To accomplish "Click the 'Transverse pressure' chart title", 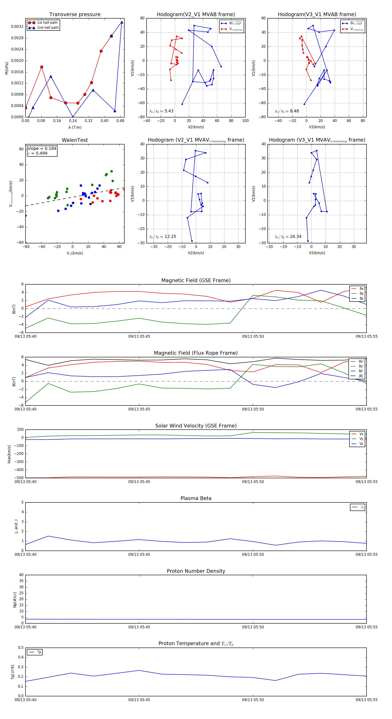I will click(75, 15).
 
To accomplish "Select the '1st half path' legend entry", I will click(47, 23).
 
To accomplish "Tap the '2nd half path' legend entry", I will click(48, 28).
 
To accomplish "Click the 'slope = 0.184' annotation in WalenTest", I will click(42, 149).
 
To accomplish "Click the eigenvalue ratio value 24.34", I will click(296, 236).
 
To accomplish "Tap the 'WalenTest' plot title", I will click(75, 140).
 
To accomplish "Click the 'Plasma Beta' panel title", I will click(196, 498).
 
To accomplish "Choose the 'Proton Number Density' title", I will click(196, 571).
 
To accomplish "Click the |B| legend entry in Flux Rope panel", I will click(361, 376).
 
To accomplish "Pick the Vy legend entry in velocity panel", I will click(361, 439).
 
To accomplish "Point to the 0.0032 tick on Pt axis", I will click(17, 27).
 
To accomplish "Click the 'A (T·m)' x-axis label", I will click(75, 127).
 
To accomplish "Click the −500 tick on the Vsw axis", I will click(19, 478).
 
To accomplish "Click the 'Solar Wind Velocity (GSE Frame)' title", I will click(196, 426).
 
